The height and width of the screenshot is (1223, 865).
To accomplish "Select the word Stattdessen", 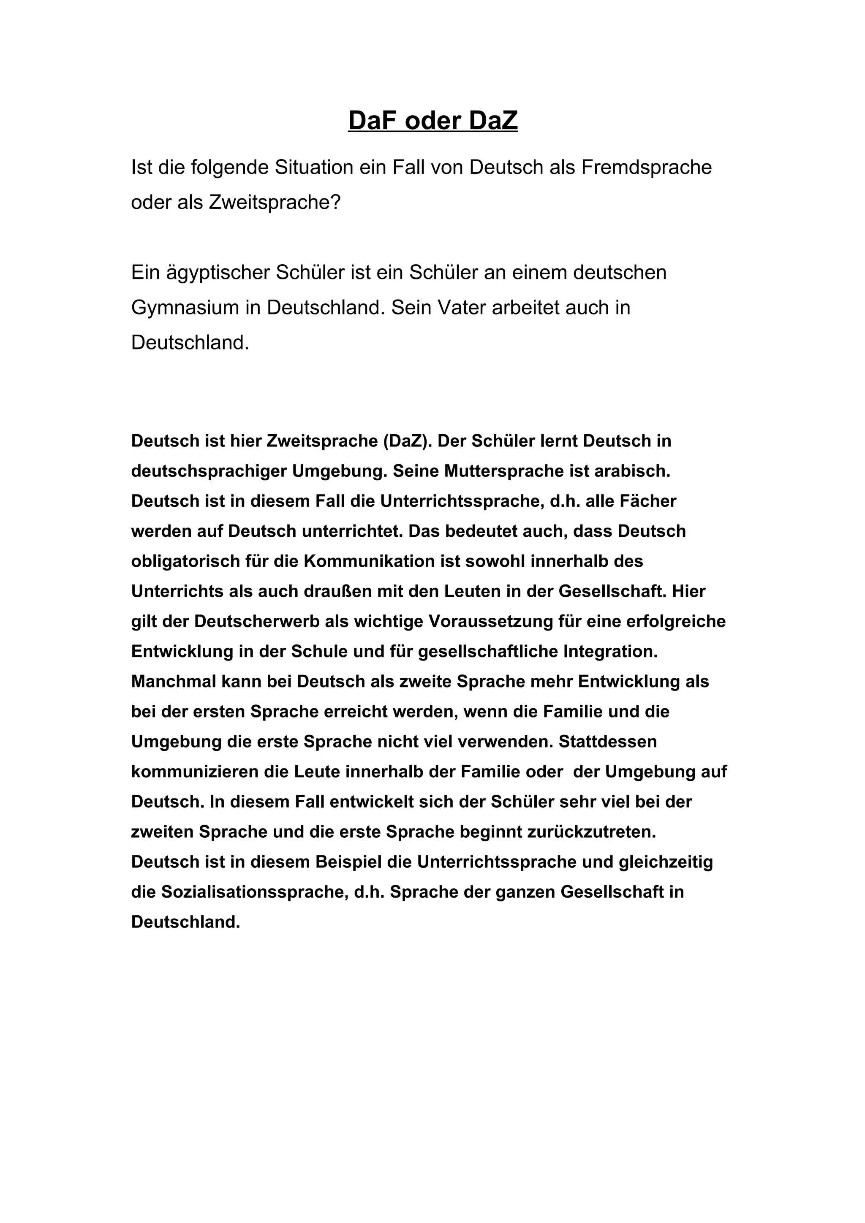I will point(608,741).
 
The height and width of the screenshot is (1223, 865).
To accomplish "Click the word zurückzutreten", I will point(592,832).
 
